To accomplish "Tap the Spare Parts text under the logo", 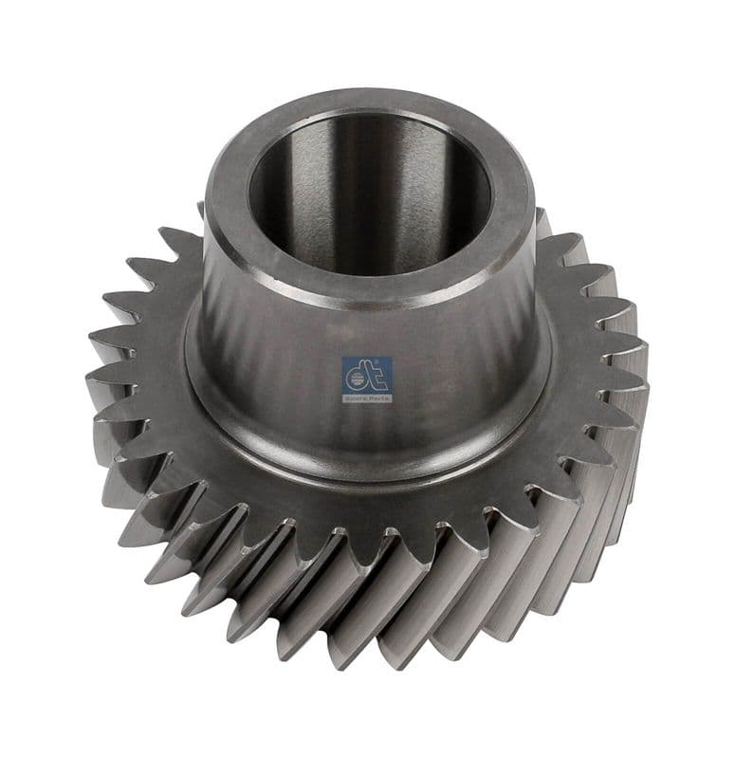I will [366, 398].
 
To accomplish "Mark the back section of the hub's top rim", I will [370, 102].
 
